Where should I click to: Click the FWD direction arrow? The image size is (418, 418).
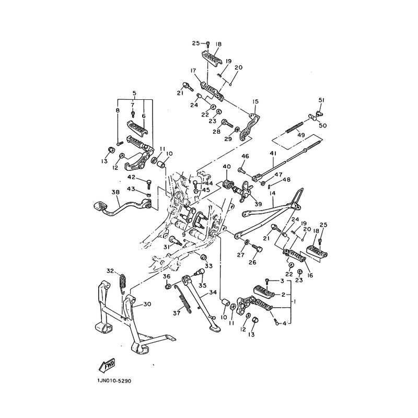(x=106, y=364)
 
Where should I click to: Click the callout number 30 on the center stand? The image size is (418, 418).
(x=147, y=304)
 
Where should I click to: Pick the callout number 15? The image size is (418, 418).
(x=256, y=101)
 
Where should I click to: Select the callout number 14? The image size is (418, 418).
(x=272, y=193)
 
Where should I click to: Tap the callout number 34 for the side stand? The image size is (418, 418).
(x=212, y=293)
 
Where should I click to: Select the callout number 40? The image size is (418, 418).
(x=226, y=167)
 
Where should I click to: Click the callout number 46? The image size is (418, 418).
(x=245, y=156)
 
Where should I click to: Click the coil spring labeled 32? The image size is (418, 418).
(x=123, y=282)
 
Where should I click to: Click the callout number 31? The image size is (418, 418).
(x=166, y=247)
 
